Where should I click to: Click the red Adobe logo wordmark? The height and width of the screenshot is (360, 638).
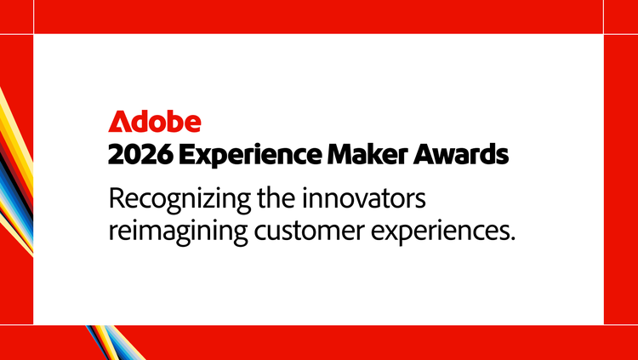click(x=155, y=122)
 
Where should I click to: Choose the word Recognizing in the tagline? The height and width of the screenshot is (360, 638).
click(x=179, y=200)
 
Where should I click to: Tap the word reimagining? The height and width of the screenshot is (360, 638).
click(x=179, y=233)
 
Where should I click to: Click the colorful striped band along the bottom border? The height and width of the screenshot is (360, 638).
click(x=115, y=342)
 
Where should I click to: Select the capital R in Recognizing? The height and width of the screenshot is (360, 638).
click(x=116, y=199)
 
